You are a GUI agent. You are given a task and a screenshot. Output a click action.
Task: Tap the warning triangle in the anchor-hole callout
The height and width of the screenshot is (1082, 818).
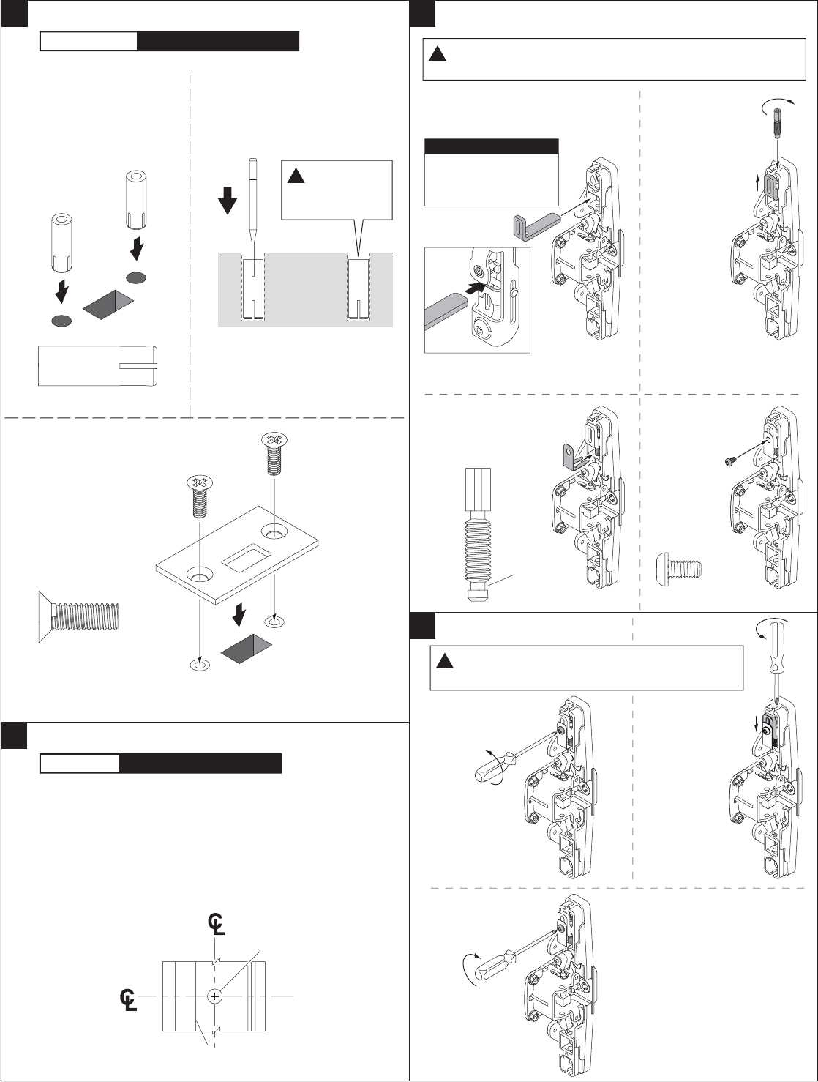296,176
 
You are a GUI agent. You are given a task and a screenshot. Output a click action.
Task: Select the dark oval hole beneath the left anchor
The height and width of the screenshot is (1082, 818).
61,321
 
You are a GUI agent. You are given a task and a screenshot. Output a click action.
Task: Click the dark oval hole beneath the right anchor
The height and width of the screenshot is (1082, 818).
136,277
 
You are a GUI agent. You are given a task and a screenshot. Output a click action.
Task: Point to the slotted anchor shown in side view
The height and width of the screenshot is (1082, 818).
98,366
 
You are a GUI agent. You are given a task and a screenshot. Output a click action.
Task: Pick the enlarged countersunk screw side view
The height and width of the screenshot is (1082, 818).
79,617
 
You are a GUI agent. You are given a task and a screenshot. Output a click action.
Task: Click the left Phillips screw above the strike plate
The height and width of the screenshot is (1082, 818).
199,496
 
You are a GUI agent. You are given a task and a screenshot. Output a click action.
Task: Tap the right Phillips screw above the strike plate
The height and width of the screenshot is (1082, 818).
274,453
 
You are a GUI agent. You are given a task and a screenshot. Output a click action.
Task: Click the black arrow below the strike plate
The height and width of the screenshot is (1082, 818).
239,616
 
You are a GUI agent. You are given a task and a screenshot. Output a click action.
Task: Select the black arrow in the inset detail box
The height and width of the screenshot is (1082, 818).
476,288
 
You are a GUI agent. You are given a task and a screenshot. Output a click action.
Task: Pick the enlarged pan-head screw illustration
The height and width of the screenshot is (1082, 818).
680,570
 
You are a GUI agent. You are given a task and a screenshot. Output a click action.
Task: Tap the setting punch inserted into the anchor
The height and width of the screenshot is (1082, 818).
252,217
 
